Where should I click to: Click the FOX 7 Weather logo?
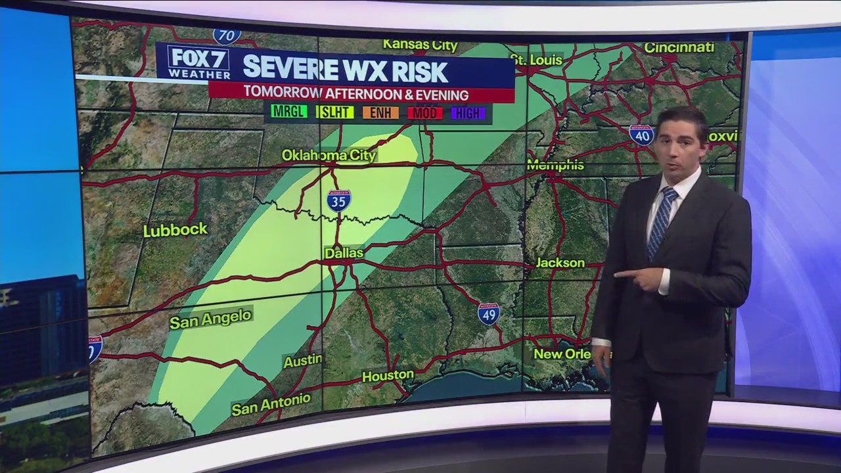pos(198,62)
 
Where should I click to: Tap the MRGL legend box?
pos(289,112)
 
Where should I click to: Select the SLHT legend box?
pos(334,112)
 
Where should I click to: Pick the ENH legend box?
pos(380,113)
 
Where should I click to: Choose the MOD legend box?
pos(424,113)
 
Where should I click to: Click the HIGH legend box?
pos(468,114)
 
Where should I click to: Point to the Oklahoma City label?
pos(329,155)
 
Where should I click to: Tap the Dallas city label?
pos(344,252)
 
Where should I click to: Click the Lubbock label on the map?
pos(175,230)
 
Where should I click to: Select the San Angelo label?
pos(210,319)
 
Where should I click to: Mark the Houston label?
pos(388,376)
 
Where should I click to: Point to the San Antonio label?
pos(271,404)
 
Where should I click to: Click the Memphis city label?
pos(555,165)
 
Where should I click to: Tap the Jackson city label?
pos(560,263)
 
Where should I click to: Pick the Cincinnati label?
pos(678,47)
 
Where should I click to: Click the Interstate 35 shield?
pos(338,200)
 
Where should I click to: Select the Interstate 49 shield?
pos(488,314)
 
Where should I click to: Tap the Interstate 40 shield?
pos(641,135)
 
